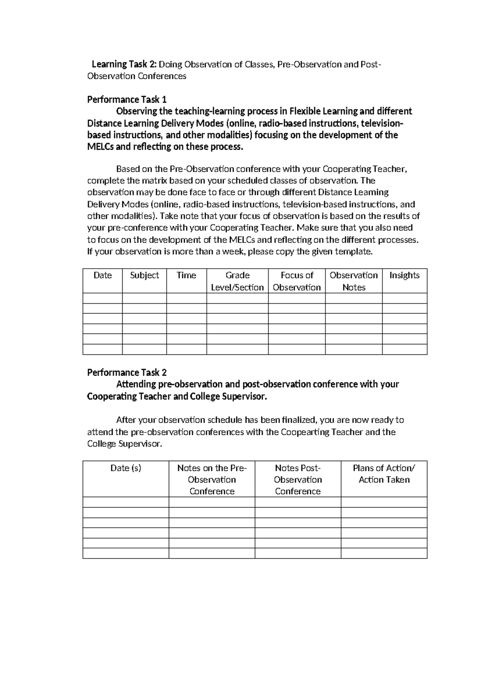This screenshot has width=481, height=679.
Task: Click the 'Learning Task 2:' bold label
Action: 125,64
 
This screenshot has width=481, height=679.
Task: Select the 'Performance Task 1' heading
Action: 127,99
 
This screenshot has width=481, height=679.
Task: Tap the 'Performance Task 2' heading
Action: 127,372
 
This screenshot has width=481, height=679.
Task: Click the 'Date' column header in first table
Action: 103,275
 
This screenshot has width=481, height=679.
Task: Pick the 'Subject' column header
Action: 144,275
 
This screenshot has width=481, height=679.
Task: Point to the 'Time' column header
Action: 186,275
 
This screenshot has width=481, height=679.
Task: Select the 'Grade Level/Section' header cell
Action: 237,281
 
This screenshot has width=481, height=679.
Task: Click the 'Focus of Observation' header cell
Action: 297,281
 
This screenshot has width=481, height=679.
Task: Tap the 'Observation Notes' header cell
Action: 354,281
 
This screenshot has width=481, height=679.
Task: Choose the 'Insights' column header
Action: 404,275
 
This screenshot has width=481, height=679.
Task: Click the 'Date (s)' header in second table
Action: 126,468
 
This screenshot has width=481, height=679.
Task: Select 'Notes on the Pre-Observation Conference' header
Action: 212,479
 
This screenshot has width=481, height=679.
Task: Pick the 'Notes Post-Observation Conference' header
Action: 298,479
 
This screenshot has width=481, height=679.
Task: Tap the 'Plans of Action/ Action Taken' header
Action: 384,474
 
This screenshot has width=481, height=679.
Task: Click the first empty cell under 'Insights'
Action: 404,298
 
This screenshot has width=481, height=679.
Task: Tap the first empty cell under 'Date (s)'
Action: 126,502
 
